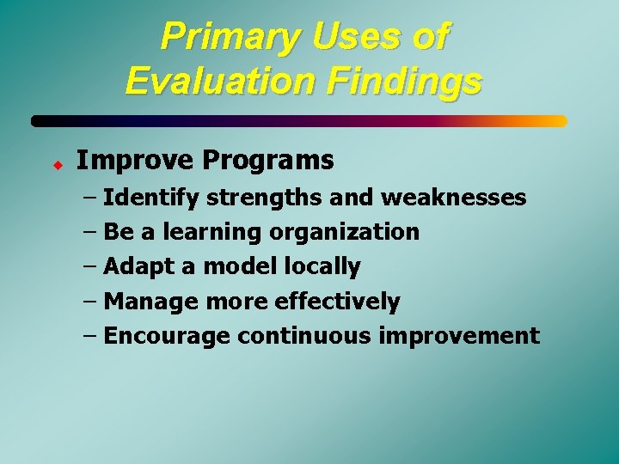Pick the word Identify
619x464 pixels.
pyautogui.click(x=151, y=198)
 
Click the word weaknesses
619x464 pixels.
pyautogui.click(x=453, y=198)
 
